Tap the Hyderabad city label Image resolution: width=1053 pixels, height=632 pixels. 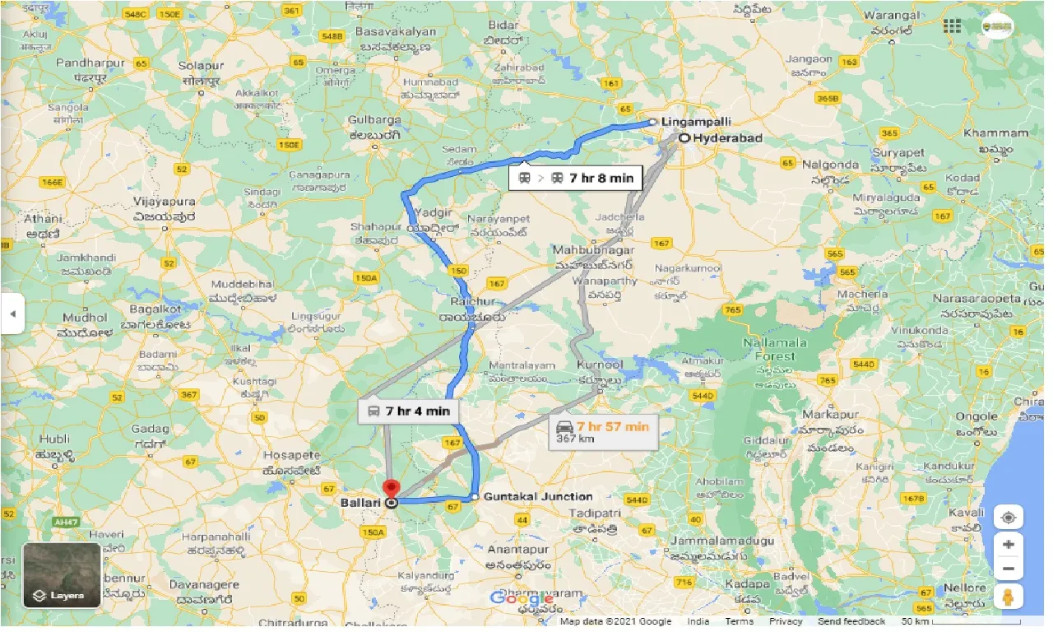(x=726, y=137)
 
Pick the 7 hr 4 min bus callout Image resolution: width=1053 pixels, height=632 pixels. (x=409, y=411)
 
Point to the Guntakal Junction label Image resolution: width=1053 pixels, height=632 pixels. (x=537, y=496)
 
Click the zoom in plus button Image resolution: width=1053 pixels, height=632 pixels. (x=1009, y=544)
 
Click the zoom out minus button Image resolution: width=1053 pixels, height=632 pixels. (x=1009, y=569)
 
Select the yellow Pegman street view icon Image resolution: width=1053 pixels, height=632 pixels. (x=1009, y=597)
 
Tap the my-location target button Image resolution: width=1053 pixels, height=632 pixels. (x=1009, y=518)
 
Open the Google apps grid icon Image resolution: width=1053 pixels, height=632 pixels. (x=953, y=26)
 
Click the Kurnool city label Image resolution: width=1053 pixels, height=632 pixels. (x=601, y=365)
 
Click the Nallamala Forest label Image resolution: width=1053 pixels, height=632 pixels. (x=774, y=348)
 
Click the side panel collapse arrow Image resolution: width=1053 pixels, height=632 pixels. (x=12, y=314)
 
